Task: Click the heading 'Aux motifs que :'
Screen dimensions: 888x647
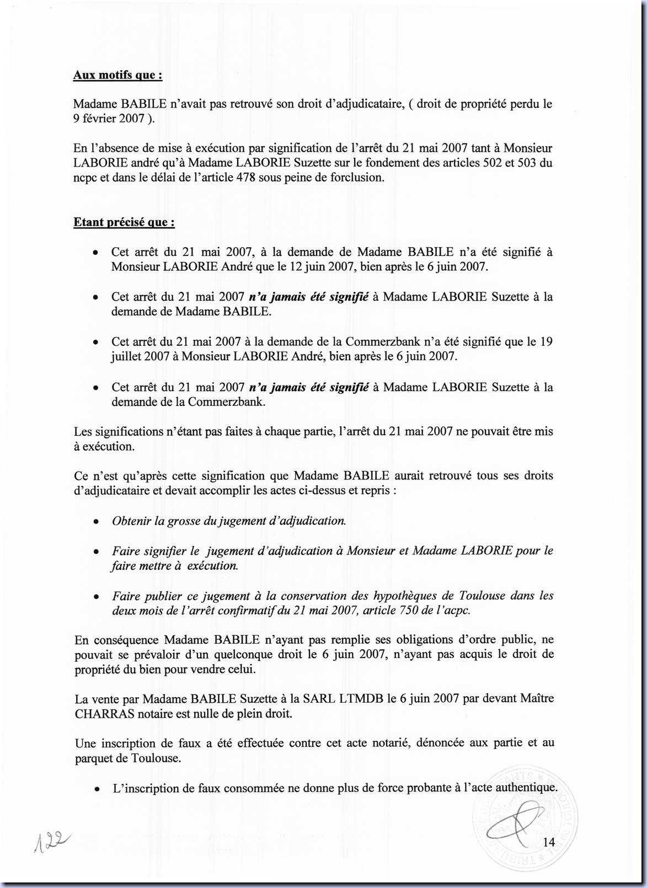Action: tap(117, 75)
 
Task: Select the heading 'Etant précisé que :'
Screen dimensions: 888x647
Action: tap(125, 222)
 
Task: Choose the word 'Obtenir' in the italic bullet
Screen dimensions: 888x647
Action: tap(131, 521)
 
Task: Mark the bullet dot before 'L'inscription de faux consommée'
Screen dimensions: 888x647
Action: tap(97, 789)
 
